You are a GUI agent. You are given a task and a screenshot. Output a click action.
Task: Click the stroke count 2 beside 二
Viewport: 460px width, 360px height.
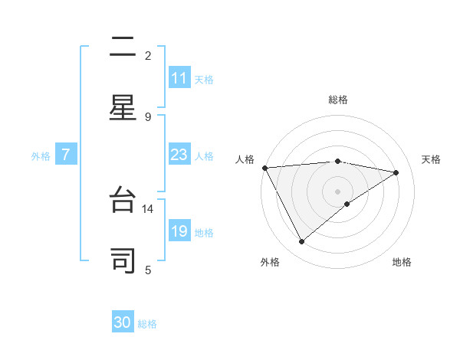click(x=148, y=56)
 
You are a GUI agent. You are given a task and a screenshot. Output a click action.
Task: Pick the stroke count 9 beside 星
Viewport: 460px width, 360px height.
click(x=148, y=116)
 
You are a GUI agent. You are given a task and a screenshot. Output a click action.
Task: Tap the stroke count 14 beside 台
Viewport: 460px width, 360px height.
click(x=148, y=208)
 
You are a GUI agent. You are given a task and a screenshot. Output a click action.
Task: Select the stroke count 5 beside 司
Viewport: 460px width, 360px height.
click(x=148, y=270)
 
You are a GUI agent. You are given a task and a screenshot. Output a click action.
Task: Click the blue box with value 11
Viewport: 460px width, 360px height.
click(x=179, y=78)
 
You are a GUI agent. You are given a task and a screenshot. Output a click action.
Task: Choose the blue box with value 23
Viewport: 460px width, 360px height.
click(x=179, y=155)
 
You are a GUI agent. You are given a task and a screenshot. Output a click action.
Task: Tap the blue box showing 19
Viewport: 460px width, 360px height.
click(x=179, y=231)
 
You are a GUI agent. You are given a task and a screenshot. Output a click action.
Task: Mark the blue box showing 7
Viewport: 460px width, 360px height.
click(x=66, y=155)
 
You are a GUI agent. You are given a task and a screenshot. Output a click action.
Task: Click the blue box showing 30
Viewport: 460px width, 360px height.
click(x=123, y=322)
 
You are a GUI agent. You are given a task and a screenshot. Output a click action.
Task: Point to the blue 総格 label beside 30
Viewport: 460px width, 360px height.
click(x=147, y=324)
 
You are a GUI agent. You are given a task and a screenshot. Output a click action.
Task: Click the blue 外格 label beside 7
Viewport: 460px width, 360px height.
click(x=41, y=156)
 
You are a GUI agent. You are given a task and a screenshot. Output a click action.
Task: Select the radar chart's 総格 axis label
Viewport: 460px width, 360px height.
click(x=337, y=100)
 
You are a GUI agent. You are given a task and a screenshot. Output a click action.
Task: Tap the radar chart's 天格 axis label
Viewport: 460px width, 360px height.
click(x=431, y=159)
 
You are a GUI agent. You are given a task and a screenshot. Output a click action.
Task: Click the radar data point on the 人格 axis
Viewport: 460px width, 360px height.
click(x=264, y=168)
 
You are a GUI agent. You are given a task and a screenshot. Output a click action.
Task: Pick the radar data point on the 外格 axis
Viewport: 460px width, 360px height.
click(x=301, y=242)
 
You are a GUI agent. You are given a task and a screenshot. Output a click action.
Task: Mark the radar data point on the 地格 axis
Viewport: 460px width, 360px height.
click(x=347, y=204)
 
